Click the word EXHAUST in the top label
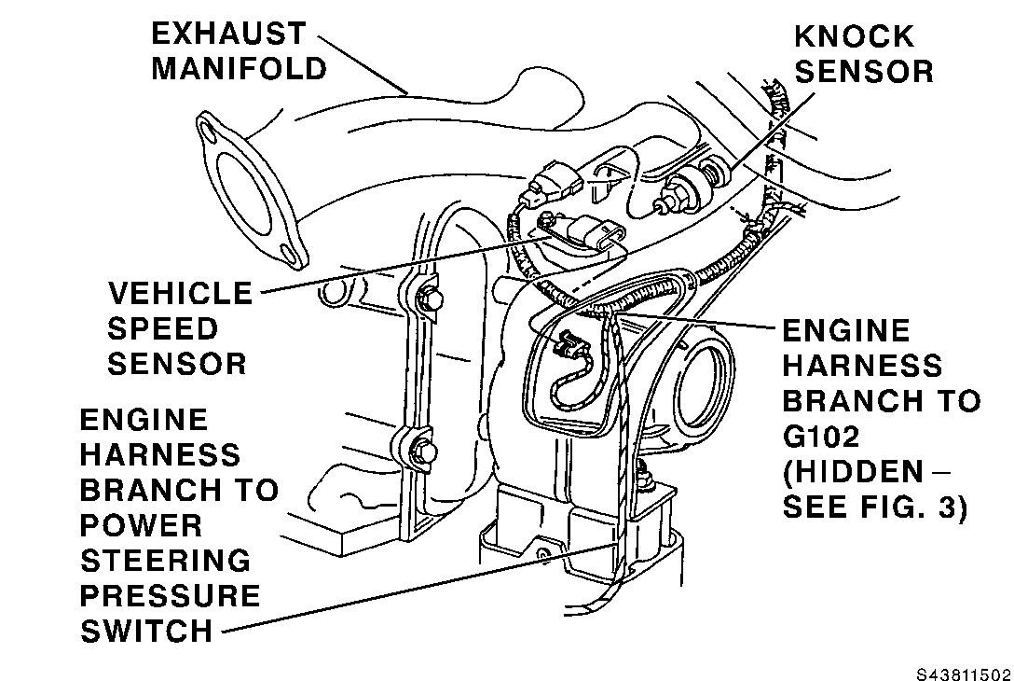pos(228,34)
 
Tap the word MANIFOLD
pos(240,69)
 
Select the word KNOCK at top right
pos(855,36)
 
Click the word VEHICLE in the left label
pos(180,293)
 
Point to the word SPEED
pos(163,329)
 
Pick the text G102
pos(821,437)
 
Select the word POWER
pos(141,525)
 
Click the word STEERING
pos(166,561)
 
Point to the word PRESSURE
pos(170,595)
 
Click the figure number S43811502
pos(963,674)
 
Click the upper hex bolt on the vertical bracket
pos(430,299)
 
